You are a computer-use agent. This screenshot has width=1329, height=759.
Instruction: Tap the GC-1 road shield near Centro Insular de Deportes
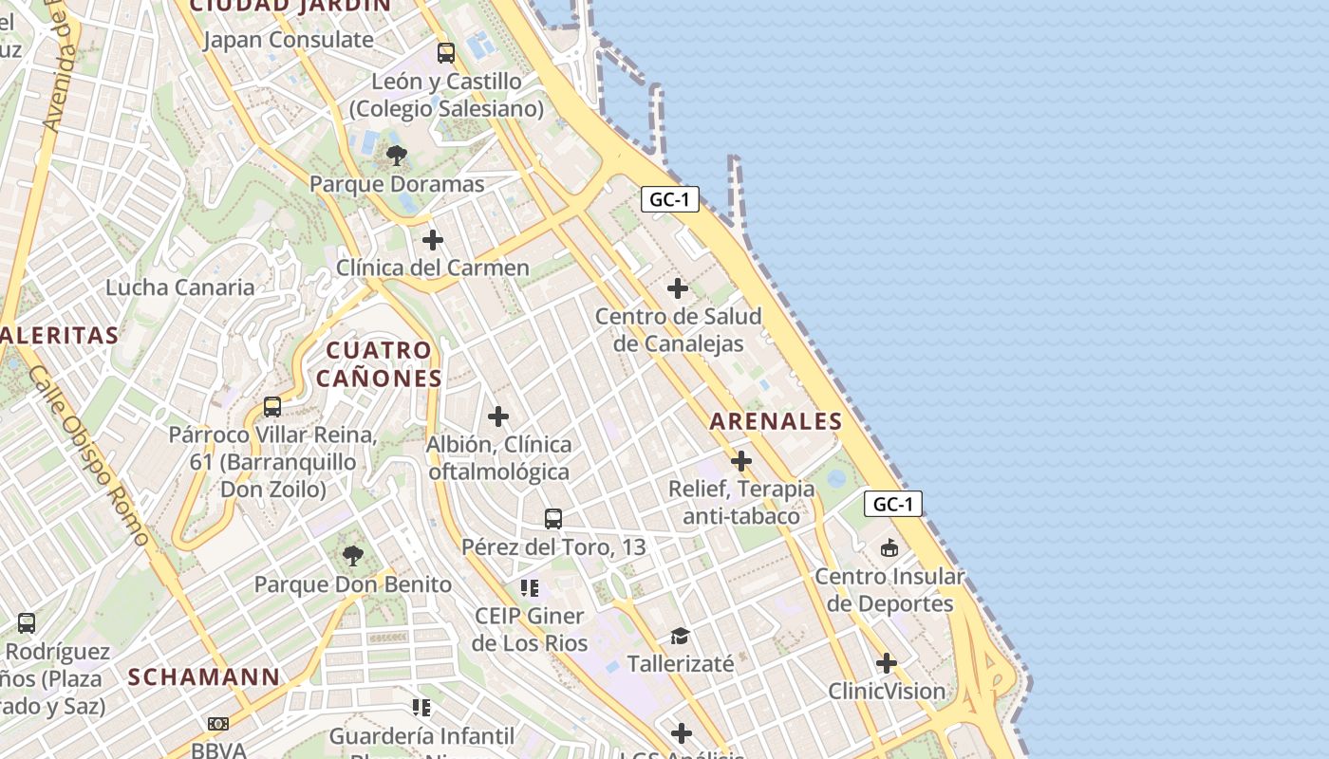(x=892, y=505)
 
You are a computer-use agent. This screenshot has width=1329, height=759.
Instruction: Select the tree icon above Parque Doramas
(x=397, y=156)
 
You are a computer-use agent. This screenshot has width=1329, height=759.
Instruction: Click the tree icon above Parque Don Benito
(x=353, y=556)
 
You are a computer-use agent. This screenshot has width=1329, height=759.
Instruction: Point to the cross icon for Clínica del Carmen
(x=433, y=240)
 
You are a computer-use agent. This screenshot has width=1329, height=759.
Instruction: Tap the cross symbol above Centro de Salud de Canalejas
(x=678, y=288)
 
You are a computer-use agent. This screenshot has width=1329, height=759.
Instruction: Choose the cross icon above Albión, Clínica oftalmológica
(x=498, y=417)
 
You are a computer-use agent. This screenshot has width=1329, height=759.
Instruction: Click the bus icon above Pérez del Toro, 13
(x=553, y=519)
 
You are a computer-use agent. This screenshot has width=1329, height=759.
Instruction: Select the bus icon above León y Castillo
(x=446, y=53)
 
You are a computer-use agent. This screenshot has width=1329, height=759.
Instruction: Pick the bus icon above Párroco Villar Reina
(x=272, y=407)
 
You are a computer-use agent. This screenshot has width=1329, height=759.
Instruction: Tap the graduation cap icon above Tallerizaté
(x=680, y=636)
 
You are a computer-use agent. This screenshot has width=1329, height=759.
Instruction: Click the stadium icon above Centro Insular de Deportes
(x=889, y=548)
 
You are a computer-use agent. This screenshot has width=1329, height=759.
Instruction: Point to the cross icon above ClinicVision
(x=887, y=663)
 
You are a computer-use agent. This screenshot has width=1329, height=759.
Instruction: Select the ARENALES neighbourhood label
(x=776, y=422)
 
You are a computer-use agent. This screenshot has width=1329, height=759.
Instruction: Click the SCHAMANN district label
(x=204, y=677)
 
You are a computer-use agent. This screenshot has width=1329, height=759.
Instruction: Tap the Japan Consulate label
(x=288, y=40)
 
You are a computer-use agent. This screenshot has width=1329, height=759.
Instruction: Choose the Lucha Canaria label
(x=180, y=287)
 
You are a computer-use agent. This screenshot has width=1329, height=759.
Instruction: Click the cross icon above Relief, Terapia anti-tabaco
(x=741, y=462)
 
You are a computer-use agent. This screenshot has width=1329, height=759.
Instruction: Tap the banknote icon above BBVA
(x=218, y=724)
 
